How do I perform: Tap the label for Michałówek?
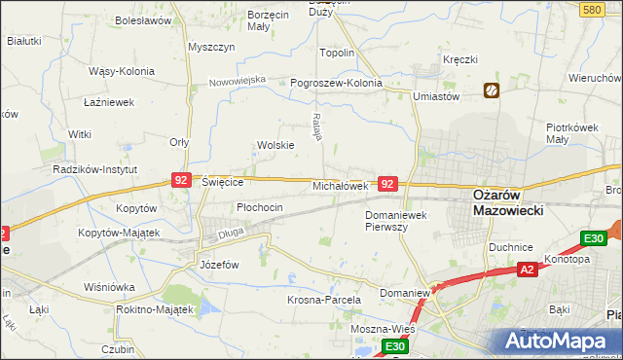click(340, 185)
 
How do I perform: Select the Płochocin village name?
click(260, 207)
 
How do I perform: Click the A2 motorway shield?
click(527, 270)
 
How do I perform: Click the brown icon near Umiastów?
click(492, 91)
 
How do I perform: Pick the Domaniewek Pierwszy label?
click(399, 220)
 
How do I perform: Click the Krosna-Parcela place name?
click(324, 301)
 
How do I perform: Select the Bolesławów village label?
click(143, 19)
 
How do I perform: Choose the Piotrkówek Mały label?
click(570, 133)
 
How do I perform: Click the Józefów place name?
click(219, 265)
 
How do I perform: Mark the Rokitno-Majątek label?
click(154, 308)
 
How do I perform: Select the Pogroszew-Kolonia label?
click(337, 84)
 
